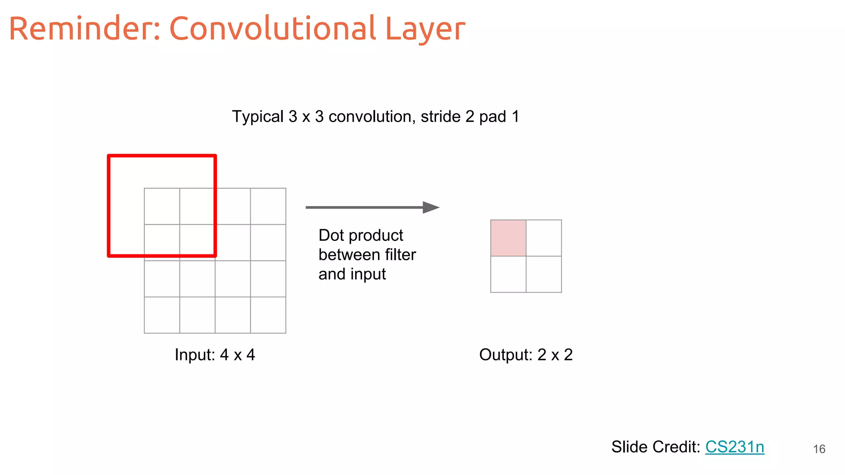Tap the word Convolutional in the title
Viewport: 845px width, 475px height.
coord(272,29)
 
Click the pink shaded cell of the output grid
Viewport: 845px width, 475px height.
coord(508,238)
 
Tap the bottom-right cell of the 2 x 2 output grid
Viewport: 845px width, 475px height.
coord(544,274)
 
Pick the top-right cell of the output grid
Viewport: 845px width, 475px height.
coord(544,238)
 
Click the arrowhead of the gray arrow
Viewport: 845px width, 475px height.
coord(431,207)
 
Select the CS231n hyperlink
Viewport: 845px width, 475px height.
coord(734,447)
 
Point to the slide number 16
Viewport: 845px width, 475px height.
coord(819,449)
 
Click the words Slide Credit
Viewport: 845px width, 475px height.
coord(655,447)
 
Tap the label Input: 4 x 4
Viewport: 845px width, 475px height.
coord(215,355)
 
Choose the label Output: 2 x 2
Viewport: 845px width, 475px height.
coord(526,355)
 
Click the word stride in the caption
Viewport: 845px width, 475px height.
coord(441,117)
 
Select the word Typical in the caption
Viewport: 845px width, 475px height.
coord(258,117)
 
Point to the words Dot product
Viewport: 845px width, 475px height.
coord(361,235)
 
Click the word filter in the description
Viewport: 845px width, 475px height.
coord(400,255)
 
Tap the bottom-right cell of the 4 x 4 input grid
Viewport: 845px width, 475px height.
coord(268,315)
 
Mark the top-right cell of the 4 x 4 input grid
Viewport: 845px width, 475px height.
coord(268,206)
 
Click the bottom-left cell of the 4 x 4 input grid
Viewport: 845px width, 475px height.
coord(162,315)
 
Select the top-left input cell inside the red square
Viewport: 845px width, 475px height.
coord(162,206)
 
